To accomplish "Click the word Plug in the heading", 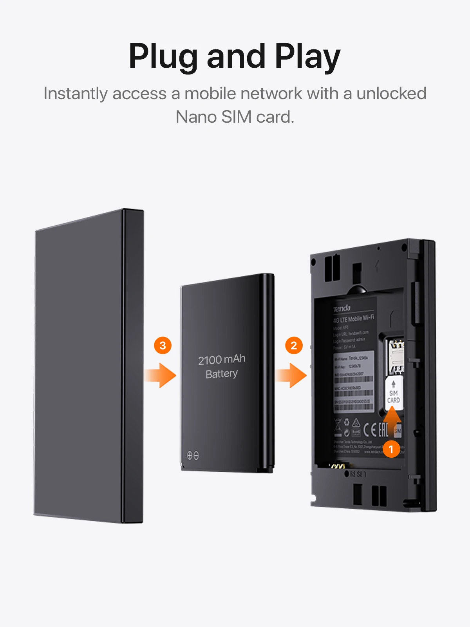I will pos(163,57).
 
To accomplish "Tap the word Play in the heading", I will pos(307,57).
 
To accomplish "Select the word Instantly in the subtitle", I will pos(75,94).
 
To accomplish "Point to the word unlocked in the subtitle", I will pos(391,94).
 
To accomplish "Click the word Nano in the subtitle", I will pos(196,117).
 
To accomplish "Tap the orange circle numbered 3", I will pos(163,345).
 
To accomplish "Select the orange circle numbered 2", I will pos(294,345).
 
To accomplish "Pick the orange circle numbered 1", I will pos(391,449).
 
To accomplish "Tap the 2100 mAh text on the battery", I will pos(222,359).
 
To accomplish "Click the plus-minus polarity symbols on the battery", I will pos(193,455).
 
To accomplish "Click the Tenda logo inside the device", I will pos(342,309).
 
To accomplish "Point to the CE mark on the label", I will pos(370,430).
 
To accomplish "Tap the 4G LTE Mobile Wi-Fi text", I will pos(353,319).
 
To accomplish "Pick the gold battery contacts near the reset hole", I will pos(337,466).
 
